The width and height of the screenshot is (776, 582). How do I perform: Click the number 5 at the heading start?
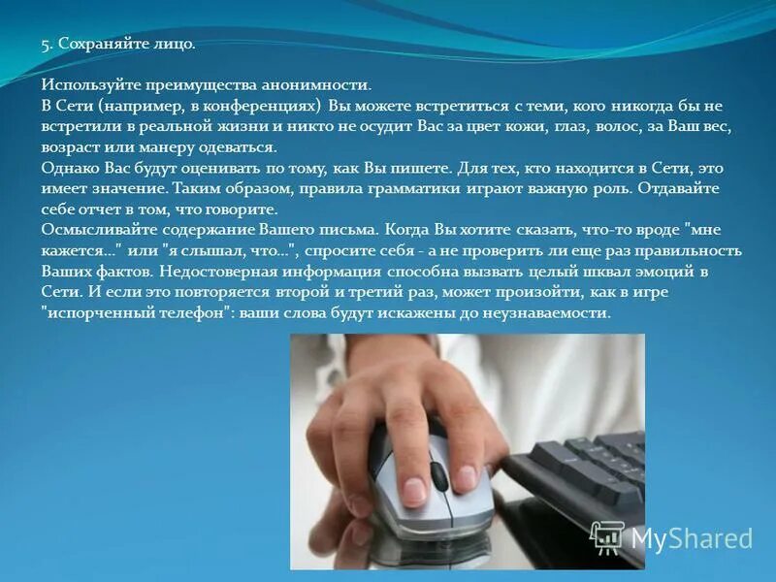45,45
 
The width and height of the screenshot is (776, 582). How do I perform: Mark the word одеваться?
240,147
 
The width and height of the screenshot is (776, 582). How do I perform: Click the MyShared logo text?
692,537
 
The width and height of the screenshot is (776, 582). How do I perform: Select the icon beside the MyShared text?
607,536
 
